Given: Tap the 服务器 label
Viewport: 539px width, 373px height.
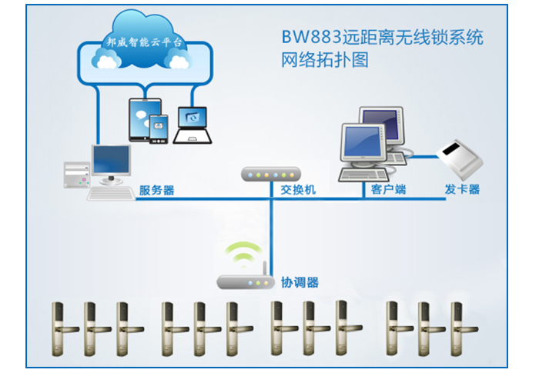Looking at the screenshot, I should point(156,190).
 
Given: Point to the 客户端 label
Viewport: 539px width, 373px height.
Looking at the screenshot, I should point(389,189).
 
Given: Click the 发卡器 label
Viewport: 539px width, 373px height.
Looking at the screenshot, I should point(462,189).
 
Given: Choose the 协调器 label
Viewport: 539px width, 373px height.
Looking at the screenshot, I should point(300,282).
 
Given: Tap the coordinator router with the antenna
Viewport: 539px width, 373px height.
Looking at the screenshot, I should point(244,281).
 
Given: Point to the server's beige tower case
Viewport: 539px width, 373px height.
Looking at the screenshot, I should point(76,175).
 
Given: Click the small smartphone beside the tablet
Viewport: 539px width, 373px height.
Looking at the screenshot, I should point(159,128).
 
